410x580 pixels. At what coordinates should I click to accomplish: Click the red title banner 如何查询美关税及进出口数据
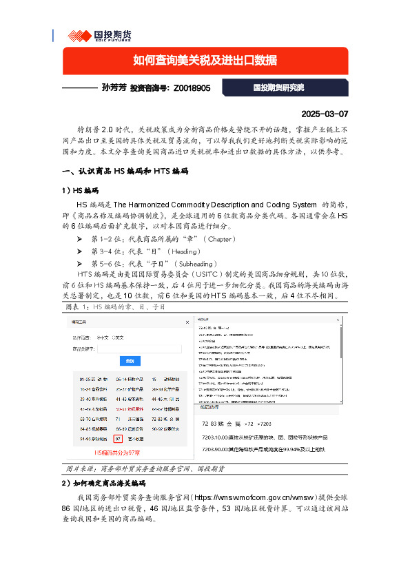coord(205,60)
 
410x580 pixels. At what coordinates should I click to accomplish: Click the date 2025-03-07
coord(325,114)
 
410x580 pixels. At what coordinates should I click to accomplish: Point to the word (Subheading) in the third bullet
coord(200,264)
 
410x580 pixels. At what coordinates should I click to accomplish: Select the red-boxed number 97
coord(119,437)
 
